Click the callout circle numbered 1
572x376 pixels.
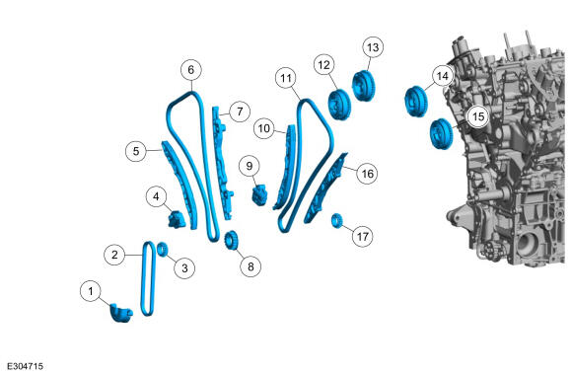(x=91, y=291)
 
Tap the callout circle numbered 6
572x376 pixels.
(x=191, y=70)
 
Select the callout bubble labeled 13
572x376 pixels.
(x=373, y=47)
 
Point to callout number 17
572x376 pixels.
(x=363, y=237)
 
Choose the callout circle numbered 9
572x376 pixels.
(x=250, y=166)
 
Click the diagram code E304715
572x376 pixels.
(x=26, y=366)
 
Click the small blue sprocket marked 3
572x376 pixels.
(x=163, y=249)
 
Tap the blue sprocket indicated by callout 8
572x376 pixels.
(x=231, y=240)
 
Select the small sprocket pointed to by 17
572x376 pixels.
(x=336, y=221)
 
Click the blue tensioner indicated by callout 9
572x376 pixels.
(x=259, y=195)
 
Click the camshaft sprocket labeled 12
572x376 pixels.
(x=339, y=105)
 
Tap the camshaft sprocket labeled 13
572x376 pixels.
(x=363, y=85)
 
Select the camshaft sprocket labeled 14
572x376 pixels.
(x=416, y=102)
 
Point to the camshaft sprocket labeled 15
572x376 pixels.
(x=441, y=134)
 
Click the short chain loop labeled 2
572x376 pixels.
(x=148, y=278)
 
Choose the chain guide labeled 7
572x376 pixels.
(x=223, y=163)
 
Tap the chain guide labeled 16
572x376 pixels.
(x=326, y=188)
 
